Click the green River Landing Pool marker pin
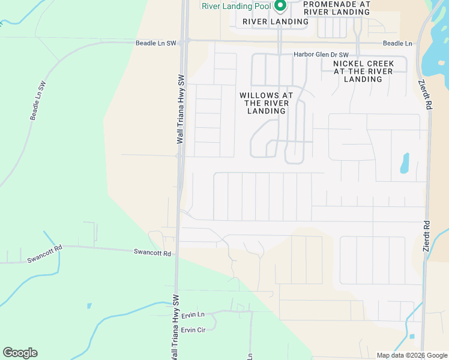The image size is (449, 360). [280, 5]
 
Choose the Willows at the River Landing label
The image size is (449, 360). [266, 103]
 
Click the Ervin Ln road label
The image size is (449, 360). [193, 314]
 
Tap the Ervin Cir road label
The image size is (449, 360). [193, 330]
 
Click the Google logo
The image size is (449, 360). [20, 352]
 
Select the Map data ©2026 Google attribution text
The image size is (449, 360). [411, 355]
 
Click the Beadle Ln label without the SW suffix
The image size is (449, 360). [397, 44]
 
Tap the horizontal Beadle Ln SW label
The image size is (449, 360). [156, 44]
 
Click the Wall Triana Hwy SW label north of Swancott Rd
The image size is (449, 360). [179, 109]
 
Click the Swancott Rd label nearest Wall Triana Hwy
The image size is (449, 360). [152, 253]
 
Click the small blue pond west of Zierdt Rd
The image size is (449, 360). [404, 163]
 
